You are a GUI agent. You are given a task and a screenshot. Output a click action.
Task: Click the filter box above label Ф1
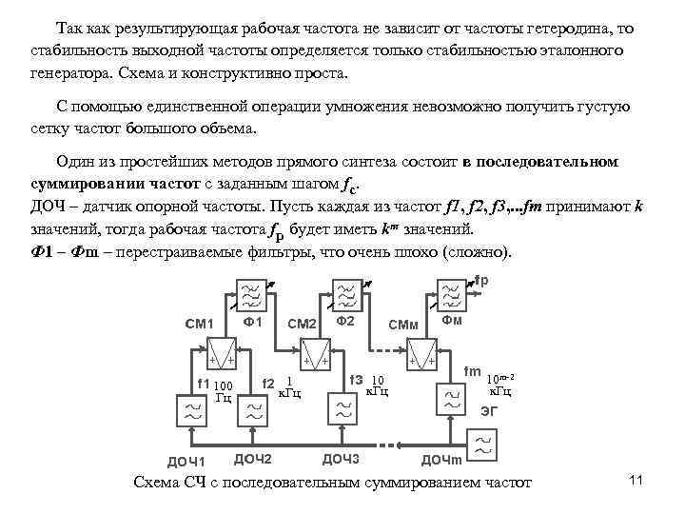tap(251, 297)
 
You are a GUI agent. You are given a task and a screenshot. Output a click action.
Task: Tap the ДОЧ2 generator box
tap(251, 412)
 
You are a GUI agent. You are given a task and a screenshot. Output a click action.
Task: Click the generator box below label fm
tap(449, 400)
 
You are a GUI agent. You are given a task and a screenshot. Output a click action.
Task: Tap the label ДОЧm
tap(440, 462)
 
